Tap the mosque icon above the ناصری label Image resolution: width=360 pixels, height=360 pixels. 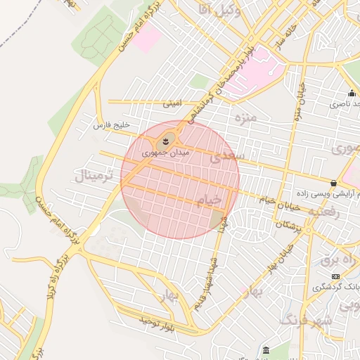pos(352,94)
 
